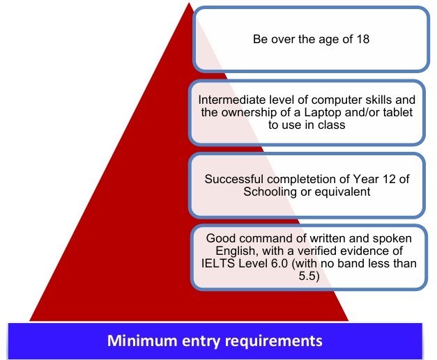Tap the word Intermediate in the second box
point(225,100)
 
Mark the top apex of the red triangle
point(187,3)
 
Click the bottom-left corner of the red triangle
point(31,320)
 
